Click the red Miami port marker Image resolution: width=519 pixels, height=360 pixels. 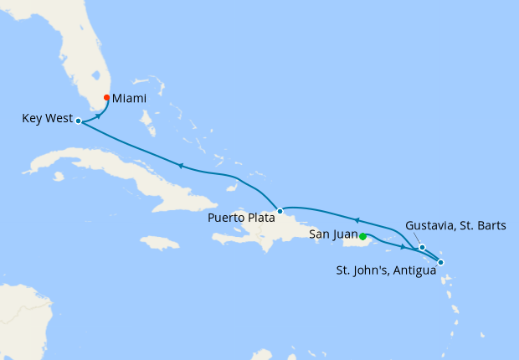pyautogui.click(x=106, y=98)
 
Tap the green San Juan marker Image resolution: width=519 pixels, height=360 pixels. pyautogui.click(x=362, y=236)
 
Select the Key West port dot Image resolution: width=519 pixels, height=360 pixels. pyautogui.click(x=78, y=121)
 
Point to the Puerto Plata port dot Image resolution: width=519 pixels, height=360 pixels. pyautogui.click(x=280, y=211)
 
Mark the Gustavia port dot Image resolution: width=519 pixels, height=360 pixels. pyautogui.click(x=422, y=247)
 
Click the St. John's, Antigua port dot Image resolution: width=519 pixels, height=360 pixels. pyautogui.click(x=441, y=263)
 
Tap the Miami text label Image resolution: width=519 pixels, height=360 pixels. pyautogui.click(x=130, y=98)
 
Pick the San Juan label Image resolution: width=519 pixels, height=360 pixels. pyautogui.click(x=333, y=234)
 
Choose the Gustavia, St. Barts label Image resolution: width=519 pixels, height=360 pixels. pyautogui.click(x=455, y=226)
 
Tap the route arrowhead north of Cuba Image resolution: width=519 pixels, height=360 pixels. pyautogui.click(x=179, y=166)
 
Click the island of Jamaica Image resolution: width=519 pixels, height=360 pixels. pyautogui.click(x=159, y=243)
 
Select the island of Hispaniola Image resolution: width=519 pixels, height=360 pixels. pyautogui.click(x=268, y=230)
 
